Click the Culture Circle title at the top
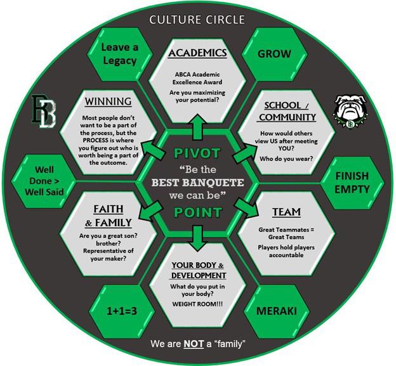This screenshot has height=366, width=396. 197,20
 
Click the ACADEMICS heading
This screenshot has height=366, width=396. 197,53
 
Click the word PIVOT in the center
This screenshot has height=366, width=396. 197,153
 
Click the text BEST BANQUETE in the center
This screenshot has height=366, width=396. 197,183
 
